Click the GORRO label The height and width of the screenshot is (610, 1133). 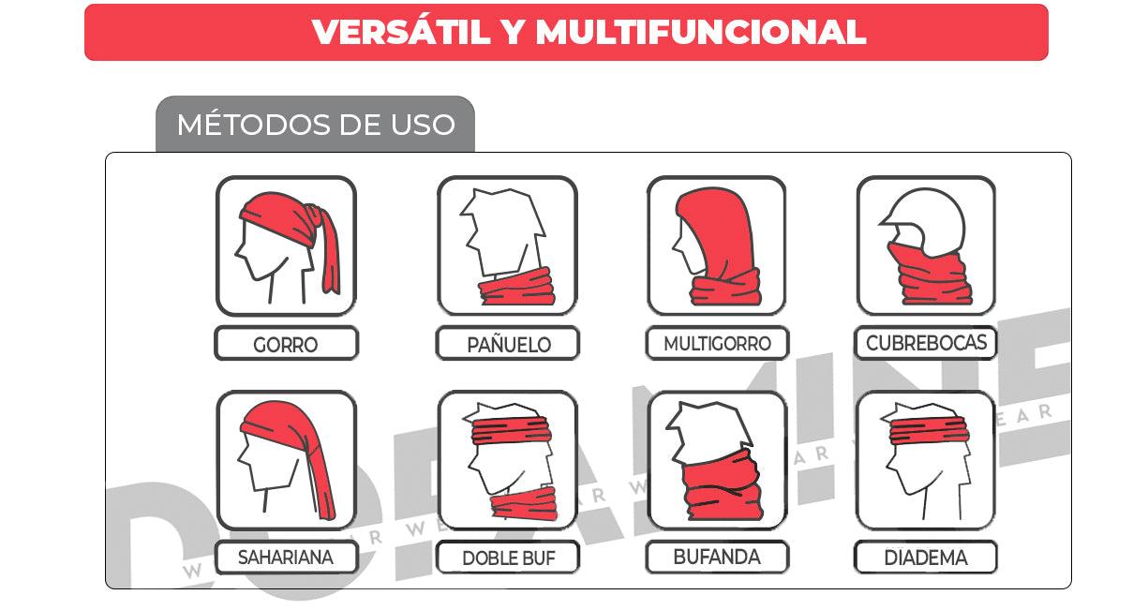tap(286, 344)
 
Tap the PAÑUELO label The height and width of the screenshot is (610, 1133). tap(508, 344)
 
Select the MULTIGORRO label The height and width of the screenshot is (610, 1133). tap(717, 344)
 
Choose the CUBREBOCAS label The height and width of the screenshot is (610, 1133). tap(926, 343)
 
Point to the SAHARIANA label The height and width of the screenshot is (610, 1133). tap(286, 558)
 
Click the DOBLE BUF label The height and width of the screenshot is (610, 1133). tap(508, 558)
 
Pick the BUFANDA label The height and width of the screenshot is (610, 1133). tap(717, 557)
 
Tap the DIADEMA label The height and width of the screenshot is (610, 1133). tap(926, 558)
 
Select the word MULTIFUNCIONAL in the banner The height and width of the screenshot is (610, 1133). tap(700, 33)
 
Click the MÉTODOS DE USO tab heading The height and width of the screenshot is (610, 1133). tap(316, 125)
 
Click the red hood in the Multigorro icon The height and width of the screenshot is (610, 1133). tap(717, 225)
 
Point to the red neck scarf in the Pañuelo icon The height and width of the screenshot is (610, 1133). tap(517, 286)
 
